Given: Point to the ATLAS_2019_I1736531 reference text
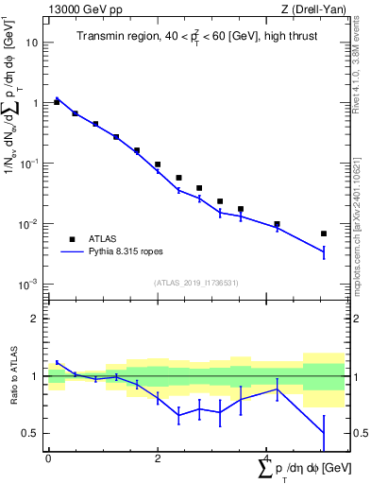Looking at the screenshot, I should [x=195, y=283].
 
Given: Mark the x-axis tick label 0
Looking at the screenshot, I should [x=48, y=458].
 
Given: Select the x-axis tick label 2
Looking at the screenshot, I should [x=158, y=458].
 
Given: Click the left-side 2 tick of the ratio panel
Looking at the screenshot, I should [x=36, y=319].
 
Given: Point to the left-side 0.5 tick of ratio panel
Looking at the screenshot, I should [x=32, y=433].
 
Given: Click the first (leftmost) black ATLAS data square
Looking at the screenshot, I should [x=57, y=101].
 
